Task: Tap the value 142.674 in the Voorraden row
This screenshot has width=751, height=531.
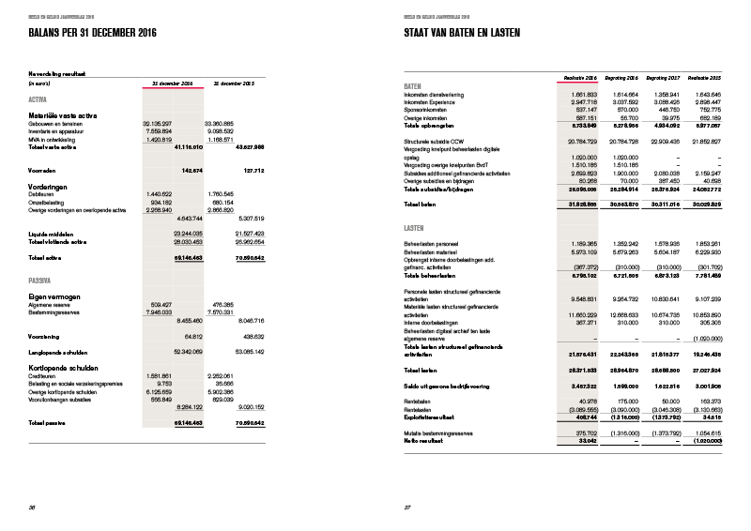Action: [x=192, y=170]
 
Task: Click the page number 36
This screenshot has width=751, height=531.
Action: [x=34, y=508]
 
